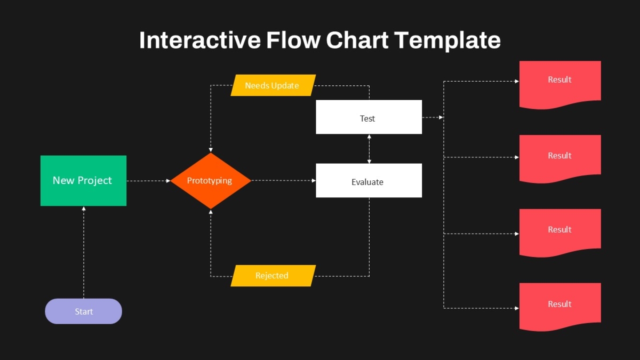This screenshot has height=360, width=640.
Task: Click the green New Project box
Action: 83,181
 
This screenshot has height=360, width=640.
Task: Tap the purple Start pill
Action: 83,311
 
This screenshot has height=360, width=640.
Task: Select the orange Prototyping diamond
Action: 211,181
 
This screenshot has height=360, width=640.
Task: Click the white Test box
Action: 369,117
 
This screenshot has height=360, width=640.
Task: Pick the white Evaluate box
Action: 369,180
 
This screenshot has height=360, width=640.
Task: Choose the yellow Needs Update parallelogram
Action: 273,85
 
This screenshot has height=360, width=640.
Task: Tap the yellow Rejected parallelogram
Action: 273,276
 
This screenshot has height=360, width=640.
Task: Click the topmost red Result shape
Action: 560,83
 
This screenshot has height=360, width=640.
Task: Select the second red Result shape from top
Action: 560,158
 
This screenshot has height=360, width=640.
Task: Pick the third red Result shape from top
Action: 560,232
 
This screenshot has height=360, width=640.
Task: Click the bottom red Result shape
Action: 560,306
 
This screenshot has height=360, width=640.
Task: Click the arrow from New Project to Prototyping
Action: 149,181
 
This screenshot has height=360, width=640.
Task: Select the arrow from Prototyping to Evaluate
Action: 283,181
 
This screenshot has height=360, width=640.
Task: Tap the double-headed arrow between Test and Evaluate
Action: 369,149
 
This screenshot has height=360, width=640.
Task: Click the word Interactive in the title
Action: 199,40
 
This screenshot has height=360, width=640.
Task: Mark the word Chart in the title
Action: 357,40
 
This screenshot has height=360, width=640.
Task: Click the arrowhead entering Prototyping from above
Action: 211,150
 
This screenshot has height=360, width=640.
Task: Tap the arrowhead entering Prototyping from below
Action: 211,212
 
